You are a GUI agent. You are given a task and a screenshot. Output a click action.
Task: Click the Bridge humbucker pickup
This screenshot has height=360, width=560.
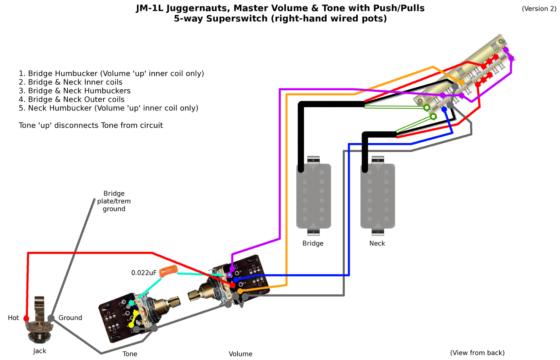[x=314, y=196]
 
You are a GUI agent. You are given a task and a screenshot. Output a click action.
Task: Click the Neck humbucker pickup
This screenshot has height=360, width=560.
[x=378, y=196]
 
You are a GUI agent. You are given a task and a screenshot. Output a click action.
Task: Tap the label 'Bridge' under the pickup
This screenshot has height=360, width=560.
[x=313, y=243]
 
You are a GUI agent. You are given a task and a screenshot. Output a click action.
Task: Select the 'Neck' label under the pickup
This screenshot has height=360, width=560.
[x=377, y=243]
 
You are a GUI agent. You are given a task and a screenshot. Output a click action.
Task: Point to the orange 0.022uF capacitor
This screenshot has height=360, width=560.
[x=168, y=271]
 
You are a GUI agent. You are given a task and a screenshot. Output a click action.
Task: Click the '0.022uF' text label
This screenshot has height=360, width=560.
[x=144, y=273]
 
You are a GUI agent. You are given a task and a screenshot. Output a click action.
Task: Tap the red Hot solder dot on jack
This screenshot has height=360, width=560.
[x=26, y=319]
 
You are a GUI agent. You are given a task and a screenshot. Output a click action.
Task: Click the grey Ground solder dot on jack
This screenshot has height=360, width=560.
[x=51, y=318]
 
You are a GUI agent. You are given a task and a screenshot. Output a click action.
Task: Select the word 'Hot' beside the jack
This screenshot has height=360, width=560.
[x=13, y=318]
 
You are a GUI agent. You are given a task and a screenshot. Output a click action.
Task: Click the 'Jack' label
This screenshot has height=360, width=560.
[x=40, y=351]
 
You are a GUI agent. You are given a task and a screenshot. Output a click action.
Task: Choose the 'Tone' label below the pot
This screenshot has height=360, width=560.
[x=130, y=354]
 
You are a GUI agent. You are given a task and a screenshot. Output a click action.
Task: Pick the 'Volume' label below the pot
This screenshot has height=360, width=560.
[x=240, y=354]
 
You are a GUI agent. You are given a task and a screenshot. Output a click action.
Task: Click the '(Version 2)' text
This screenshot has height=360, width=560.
[x=539, y=9]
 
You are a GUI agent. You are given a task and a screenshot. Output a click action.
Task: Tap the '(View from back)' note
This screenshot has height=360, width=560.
[x=477, y=353]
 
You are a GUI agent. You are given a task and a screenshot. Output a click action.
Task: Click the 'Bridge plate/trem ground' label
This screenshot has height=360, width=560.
[x=114, y=201]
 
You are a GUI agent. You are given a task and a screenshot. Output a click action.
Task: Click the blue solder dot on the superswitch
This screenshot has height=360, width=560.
[x=444, y=109]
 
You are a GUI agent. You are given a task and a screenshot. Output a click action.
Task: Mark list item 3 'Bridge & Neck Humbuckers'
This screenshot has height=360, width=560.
[x=75, y=91]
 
